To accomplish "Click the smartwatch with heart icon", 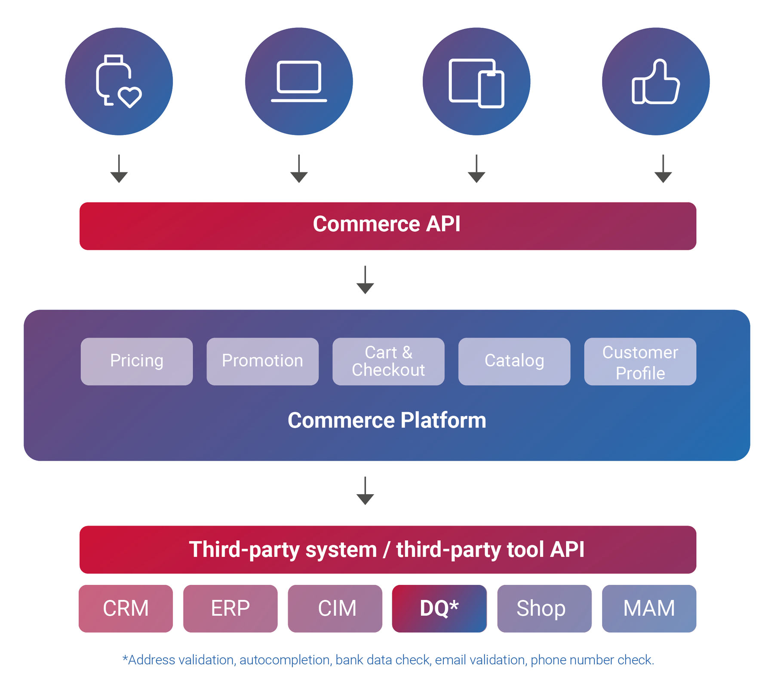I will click(x=119, y=81).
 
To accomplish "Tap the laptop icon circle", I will click(x=299, y=81).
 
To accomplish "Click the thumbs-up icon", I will click(x=655, y=81).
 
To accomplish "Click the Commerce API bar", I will click(x=387, y=226).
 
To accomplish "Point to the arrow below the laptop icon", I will click(x=299, y=169).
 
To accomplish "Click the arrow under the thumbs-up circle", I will click(x=663, y=169).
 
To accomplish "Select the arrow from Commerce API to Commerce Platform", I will click(x=365, y=280).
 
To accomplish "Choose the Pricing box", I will click(x=137, y=361).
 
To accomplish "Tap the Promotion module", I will click(x=262, y=361).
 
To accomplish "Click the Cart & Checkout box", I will click(x=388, y=361).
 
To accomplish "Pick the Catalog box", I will click(x=514, y=361).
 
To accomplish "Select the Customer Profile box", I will click(x=640, y=361).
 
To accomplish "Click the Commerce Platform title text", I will click(x=387, y=420).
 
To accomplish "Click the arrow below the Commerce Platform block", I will click(x=365, y=491).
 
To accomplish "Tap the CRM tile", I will click(x=126, y=608).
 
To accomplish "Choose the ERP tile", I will click(x=230, y=608).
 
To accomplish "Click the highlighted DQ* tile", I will click(x=439, y=608).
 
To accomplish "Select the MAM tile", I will click(x=649, y=608).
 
